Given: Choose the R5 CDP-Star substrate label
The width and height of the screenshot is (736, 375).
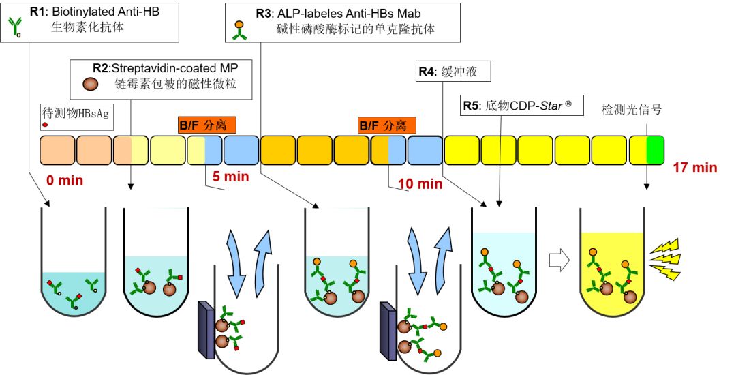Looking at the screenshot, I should click(521, 106).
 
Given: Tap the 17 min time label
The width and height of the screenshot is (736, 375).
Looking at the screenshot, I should click(695, 167).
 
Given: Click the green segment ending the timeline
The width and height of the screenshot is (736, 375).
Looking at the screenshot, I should click(655, 149).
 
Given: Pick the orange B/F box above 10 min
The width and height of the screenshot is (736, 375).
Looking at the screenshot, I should click(388, 125).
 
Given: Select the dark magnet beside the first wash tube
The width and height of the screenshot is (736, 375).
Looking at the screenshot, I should click(205, 329).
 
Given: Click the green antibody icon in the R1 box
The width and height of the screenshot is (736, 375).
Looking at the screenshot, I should click(16, 27).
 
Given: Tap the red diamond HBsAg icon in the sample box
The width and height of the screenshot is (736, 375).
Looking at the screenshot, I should click(46, 126).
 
